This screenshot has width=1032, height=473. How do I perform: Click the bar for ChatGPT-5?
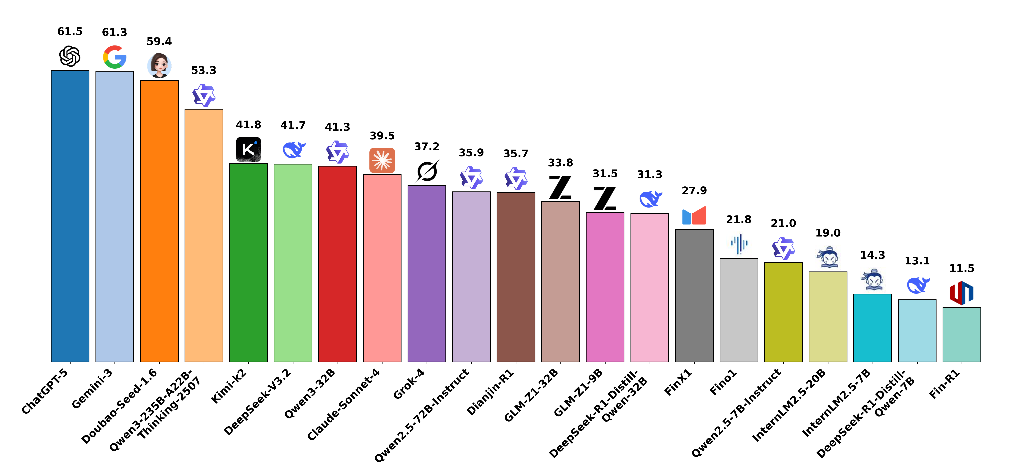(x=70, y=216)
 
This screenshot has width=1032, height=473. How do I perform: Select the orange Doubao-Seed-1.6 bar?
(x=159, y=221)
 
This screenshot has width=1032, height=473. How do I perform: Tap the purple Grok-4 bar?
(x=427, y=273)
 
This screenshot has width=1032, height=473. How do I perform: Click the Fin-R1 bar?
(x=961, y=334)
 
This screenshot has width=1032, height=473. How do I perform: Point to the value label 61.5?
(x=70, y=32)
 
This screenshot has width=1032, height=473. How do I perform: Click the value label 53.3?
(x=204, y=70)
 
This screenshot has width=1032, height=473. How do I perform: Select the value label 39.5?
(x=382, y=136)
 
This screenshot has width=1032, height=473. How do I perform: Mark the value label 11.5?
(x=961, y=269)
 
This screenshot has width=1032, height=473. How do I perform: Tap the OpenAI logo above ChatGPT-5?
(x=70, y=56)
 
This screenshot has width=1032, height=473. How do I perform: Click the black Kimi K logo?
(x=248, y=149)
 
